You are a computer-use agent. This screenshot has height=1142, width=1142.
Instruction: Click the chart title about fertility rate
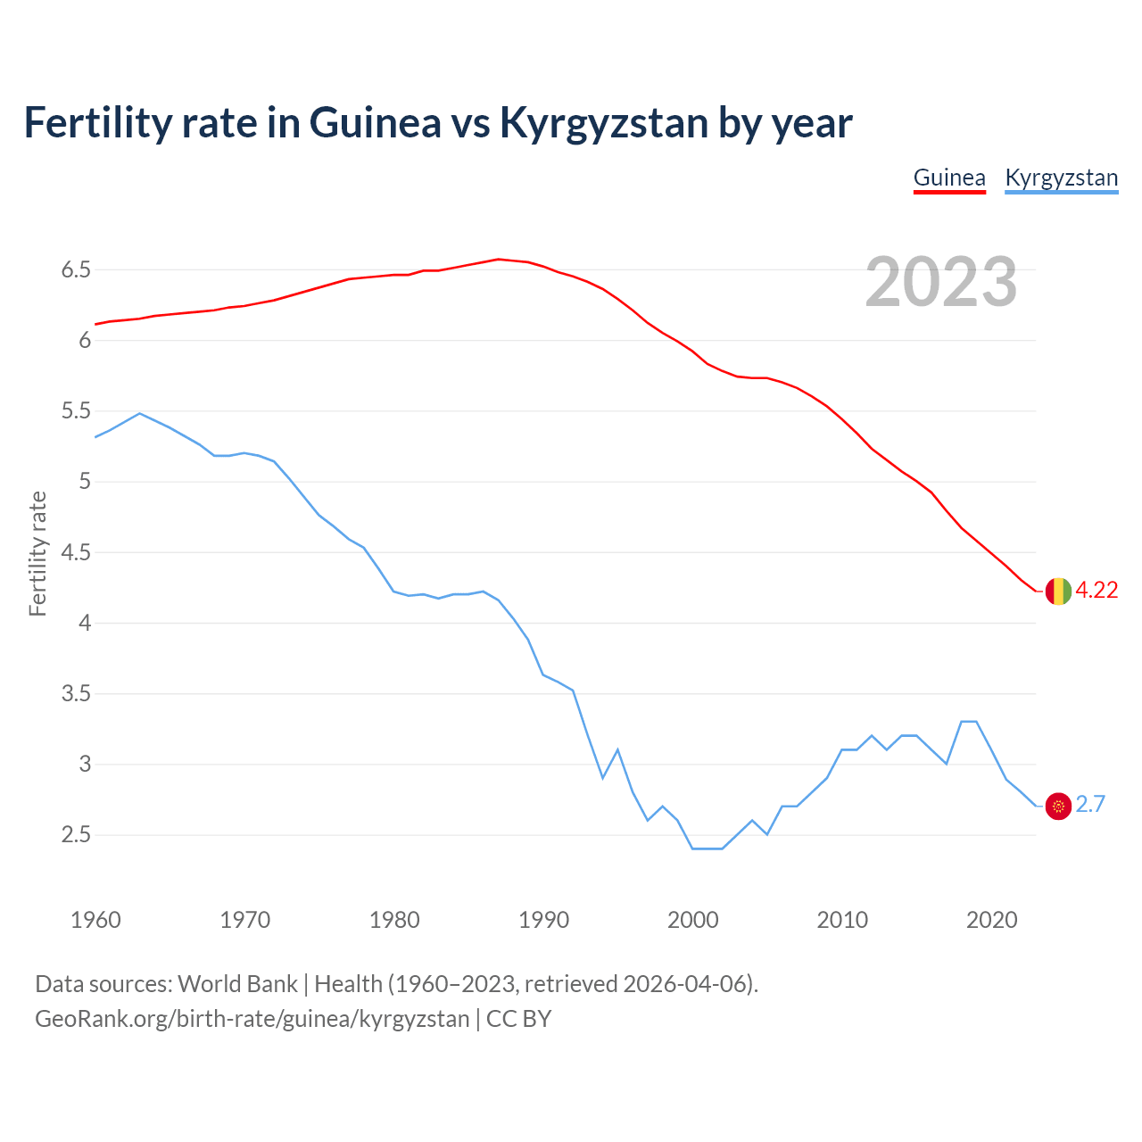click(x=437, y=122)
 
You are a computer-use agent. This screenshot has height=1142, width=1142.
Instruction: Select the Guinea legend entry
click(x=949, y=178)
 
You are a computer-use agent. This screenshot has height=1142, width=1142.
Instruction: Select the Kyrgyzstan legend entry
click(x=1061, y=178)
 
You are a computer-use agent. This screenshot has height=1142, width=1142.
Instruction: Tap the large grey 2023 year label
click(x=941, y=282)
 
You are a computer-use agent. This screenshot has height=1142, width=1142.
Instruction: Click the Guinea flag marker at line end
click(x=1058, y=591)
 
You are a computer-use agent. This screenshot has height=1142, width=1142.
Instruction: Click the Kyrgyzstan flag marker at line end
click(x=1058, y=806)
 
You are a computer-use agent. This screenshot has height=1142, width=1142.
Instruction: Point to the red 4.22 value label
click(x=1096, y=591)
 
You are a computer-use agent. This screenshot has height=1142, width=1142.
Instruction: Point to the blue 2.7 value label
click(x=1090, y=805)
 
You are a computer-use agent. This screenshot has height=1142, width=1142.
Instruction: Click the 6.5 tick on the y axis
click(x=76, y=270)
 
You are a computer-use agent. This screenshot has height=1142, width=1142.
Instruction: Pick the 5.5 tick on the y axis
click(x=76, y=411)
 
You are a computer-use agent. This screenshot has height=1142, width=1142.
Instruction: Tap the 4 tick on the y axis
click(x=85, y=623)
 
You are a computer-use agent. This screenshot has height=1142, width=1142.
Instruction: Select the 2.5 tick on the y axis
click(x=76, y=835)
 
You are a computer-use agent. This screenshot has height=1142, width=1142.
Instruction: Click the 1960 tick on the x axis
click(x=95, y=920)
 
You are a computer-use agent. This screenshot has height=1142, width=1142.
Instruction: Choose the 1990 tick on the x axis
click(x=543, y=920)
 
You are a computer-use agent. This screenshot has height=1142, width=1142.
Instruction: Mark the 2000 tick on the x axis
click(x=693, y=920)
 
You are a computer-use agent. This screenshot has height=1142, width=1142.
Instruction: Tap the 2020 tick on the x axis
click(x=991, y=920)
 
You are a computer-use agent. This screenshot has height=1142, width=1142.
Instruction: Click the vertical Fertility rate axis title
click(x=37, y=553)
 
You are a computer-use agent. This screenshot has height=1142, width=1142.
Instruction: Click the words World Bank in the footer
click(x=237, y=984)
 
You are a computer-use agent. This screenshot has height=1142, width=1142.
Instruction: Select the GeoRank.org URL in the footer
click(x=252, y=1019)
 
